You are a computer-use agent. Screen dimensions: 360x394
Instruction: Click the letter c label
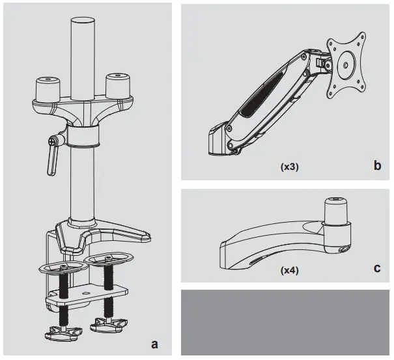[x=377, y=267]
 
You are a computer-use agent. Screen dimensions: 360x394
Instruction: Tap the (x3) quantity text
[x=290, y=167]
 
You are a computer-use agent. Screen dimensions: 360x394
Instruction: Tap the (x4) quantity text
[x=288, y=269]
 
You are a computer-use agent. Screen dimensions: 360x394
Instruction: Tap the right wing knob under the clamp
[x=108, y=323]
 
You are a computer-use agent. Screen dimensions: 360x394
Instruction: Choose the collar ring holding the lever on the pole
[x=83, y=136]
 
